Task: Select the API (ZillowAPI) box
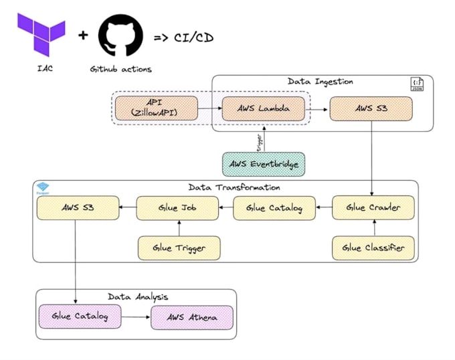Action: [x=156, y=108]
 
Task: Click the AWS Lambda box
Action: [x=262, y=108]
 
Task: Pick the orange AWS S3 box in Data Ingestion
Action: [x=371, y=108]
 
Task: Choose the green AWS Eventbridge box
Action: [x=263, y=164]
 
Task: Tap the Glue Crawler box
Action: [x=373, y=208]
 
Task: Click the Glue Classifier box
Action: [x=373, y=248]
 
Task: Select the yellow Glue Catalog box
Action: [x=274, y=208]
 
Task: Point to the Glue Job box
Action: [x=178, y=208]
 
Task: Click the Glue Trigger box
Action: [x=179, y=248]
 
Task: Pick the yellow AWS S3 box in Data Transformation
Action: [x=78, y=208]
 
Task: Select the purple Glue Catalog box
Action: [x=80, y=317]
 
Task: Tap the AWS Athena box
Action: [x=192, y=317]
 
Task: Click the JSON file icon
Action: [x=416, y=84]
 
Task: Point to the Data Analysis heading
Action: [x=138, y=296]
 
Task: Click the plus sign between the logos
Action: [x=83, y=35]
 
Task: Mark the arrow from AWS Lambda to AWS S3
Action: [x=317, y=108]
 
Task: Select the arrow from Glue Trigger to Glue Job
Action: [x=179, y=228]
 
